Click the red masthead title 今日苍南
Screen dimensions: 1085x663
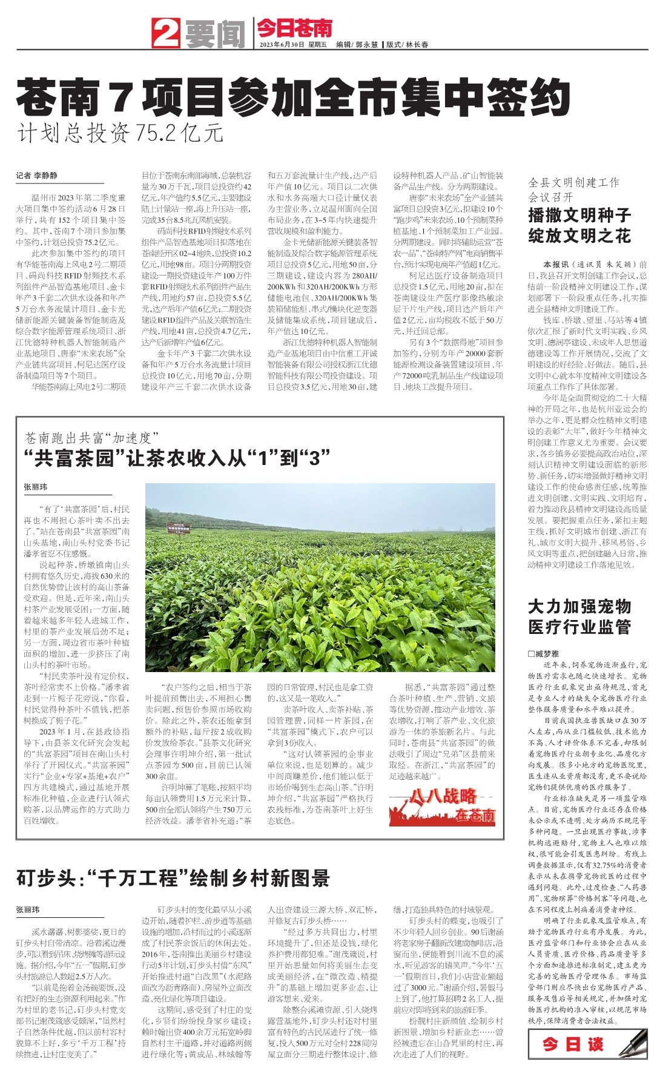tap(295, 28)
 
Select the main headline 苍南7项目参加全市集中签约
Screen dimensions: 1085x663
tap(293, 97)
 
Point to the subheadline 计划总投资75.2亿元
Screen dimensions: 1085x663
tap(120, 133)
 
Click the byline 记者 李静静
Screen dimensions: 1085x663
tap(37, 176)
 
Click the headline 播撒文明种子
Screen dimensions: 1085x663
tap(579, 215)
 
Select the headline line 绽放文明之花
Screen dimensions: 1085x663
tap(579, 236)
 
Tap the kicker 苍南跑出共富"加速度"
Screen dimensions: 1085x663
tap(91, 437)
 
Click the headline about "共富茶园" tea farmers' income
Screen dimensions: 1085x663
tap(176, 457)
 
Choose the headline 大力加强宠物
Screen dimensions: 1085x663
tap(579, 607)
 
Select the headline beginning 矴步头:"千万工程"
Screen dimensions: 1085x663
tap(173, 878)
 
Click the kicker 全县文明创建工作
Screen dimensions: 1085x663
tap(573, 182)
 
